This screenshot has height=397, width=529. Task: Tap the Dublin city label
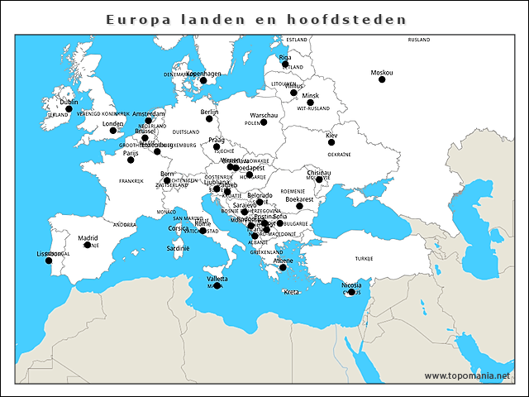[x=69, y=102]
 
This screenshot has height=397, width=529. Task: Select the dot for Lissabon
[x=49, y=261]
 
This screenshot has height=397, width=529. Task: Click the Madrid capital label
[x=88, y=238]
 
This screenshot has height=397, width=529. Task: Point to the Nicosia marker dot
[x=351, y=292]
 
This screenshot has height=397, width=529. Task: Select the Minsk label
[x=310, y=95]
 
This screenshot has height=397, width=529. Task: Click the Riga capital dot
[x=285, y=64]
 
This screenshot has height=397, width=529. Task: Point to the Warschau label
[x=264, y=115]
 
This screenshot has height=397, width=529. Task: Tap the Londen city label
[x=112, y=123]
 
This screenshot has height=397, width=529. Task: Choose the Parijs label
[x=130, y=152]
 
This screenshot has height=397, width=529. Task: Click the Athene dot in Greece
[x=283, y=267]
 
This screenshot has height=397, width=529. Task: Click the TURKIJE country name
[x=365, y=258]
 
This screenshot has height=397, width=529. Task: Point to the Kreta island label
[x=291, y=292]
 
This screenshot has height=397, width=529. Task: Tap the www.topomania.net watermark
[x=468, y=375]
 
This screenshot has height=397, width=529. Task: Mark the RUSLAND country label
[x=419, y=39]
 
